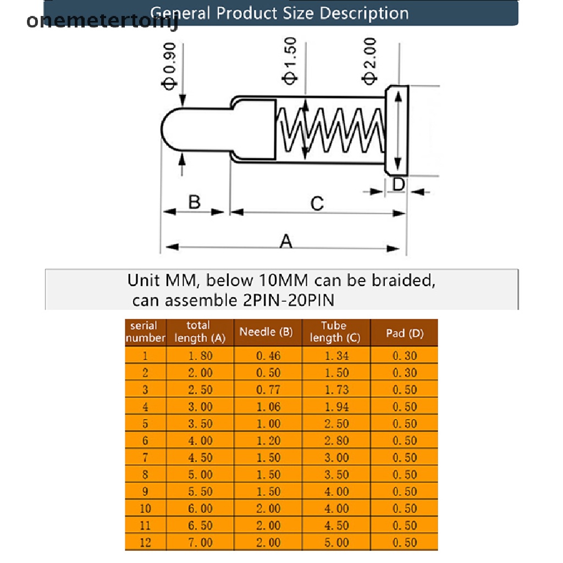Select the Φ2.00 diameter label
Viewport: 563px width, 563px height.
370,60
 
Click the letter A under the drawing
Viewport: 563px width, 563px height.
285,241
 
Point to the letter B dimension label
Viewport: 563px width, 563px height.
194,202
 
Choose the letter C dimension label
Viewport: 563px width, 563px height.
317,203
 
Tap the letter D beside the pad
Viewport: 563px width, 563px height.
399,184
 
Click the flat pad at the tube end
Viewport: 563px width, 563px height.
397,131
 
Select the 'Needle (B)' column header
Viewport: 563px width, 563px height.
267,332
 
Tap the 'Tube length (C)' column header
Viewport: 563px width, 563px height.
335,332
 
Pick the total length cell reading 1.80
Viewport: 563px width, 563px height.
200,356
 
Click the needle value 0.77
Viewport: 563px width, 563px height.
268,390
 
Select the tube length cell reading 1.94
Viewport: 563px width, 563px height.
336,407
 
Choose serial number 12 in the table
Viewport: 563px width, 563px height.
145,543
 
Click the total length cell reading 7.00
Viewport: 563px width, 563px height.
200,543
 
